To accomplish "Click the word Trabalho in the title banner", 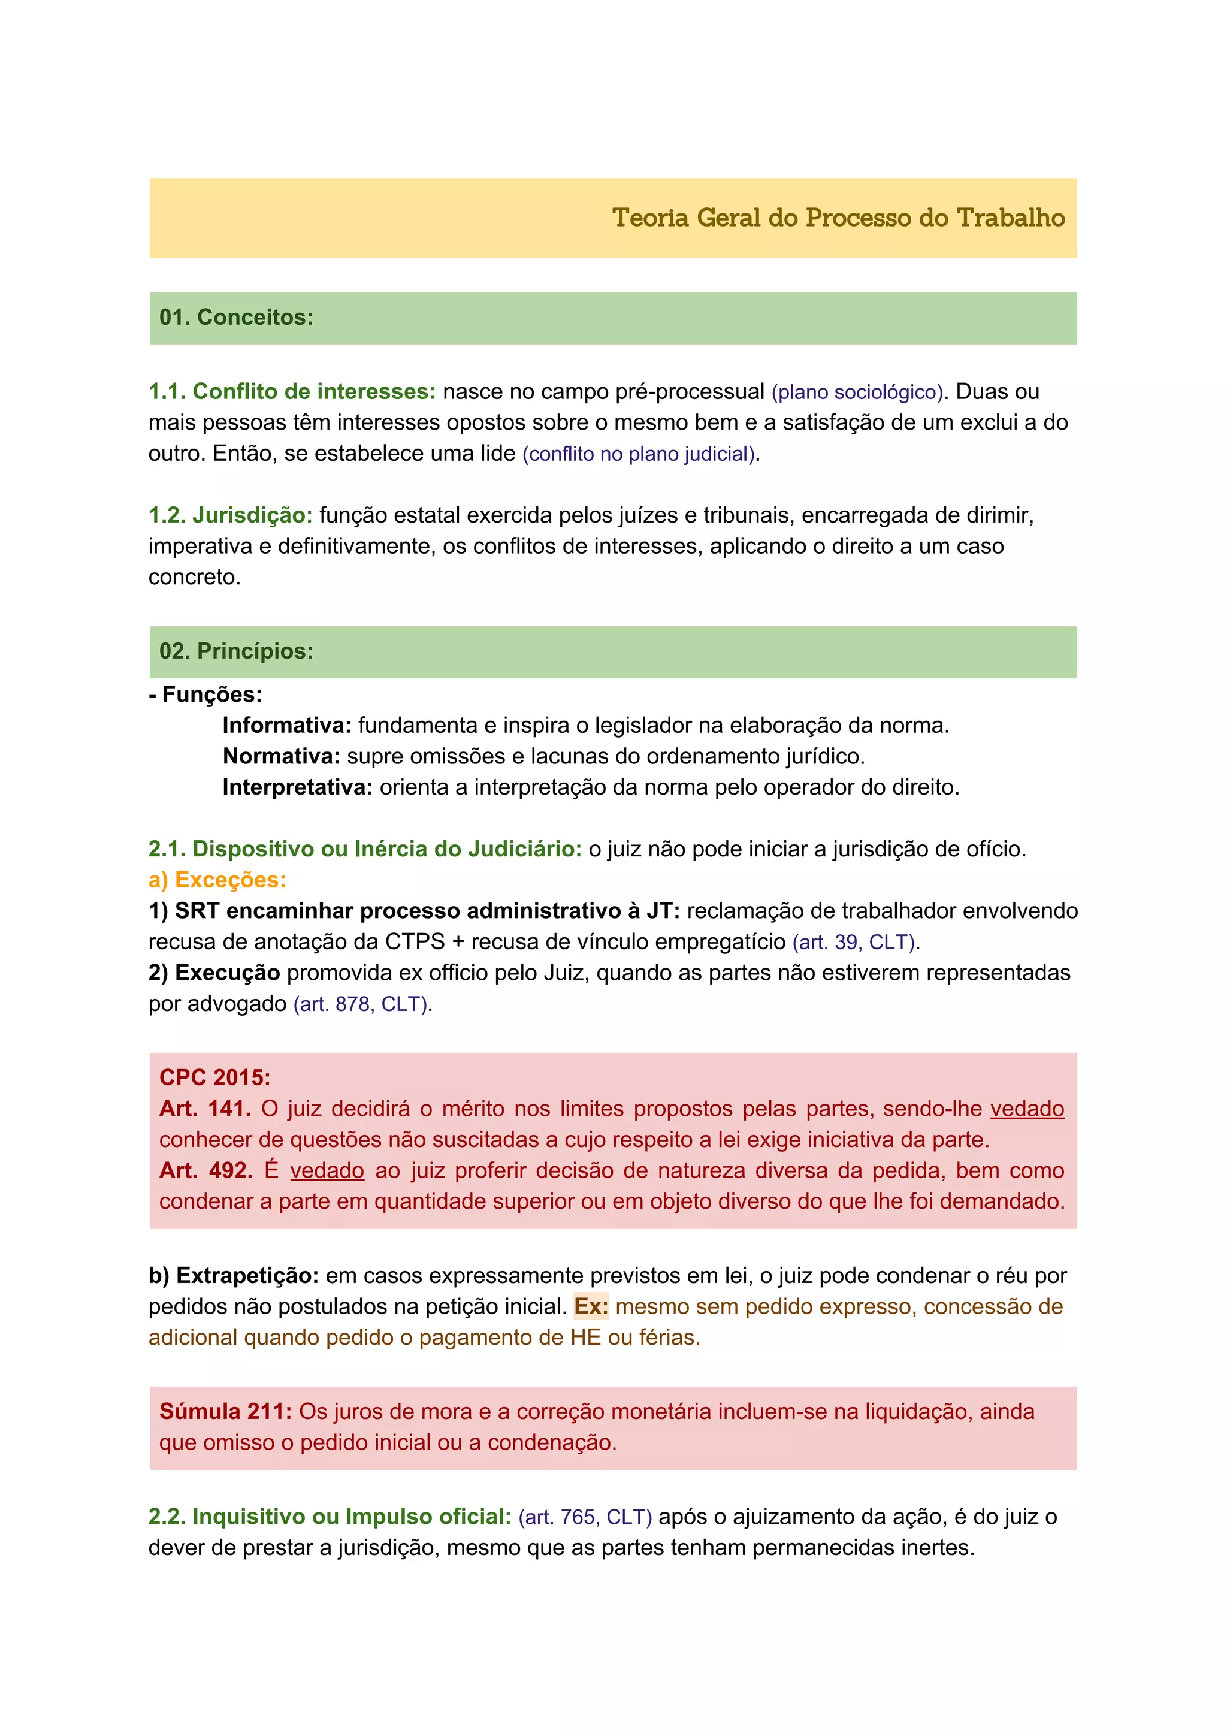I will (1010, 218).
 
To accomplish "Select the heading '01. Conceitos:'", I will (236, 318).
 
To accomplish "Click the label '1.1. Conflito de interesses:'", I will (292, 392).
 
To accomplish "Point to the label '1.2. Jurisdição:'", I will (230, 516).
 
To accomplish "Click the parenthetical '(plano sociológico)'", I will (857, 393).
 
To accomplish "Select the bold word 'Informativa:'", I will (286, 726).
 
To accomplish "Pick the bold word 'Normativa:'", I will (281, 757).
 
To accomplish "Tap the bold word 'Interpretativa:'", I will (297, 788).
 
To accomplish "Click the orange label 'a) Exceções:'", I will (217, 880).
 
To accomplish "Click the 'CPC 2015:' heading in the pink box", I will (214, 1077).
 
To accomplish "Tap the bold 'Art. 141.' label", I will (205, 1109).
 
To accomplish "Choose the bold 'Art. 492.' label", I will (205, 1171).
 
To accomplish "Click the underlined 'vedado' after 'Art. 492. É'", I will (327, 1171).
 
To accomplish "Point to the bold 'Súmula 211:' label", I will (225, 1412).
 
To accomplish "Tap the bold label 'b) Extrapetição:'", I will (234, 1276).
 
